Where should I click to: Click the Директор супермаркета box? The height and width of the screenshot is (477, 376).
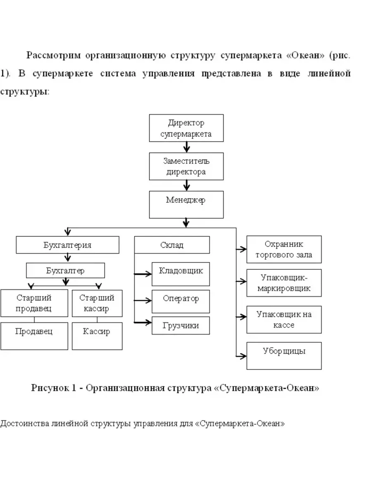186,128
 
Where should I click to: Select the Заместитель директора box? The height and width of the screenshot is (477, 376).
186,166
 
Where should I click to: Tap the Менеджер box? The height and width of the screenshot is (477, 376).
186,204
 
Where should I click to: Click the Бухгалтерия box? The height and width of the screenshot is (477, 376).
67,245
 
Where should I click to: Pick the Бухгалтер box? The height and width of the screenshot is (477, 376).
65,271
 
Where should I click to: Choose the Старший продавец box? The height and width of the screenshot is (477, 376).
34,303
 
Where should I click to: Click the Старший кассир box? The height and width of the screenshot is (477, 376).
97,303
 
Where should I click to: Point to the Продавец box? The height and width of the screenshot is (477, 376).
34,336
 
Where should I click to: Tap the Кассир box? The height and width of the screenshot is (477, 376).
97,336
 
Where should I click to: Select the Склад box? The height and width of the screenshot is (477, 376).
172,245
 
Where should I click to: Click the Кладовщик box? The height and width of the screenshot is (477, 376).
181,274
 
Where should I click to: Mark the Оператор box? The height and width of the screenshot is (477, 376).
181,301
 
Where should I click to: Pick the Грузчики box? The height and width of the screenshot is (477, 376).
181,325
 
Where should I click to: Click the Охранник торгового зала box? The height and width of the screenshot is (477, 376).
284,249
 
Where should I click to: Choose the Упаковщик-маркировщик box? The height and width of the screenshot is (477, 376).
284,283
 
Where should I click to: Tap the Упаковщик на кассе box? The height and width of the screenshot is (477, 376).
284,319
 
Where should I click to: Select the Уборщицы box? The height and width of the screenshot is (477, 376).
284,356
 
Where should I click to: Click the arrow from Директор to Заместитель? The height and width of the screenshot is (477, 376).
186,147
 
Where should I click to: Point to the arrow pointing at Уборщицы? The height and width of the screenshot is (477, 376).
241,355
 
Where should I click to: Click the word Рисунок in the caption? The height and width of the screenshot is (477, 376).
49,388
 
